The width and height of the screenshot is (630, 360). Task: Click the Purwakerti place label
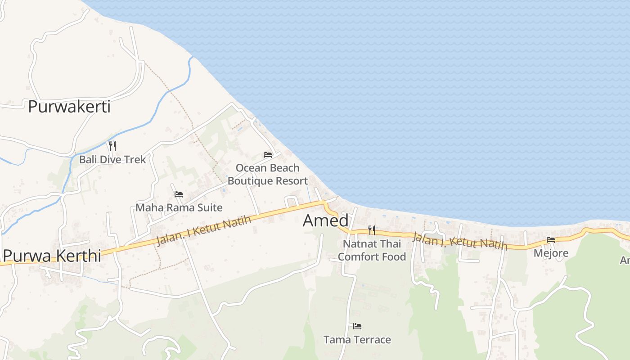69,107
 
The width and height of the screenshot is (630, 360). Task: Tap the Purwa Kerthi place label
52,255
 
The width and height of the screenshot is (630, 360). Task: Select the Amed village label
325,220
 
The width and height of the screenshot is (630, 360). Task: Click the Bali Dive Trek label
112,159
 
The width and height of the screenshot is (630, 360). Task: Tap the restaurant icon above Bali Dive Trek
112,146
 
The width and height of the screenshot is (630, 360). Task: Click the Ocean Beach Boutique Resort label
267,174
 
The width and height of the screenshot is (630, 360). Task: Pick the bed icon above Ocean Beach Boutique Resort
268,155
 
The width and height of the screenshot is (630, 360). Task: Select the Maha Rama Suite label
179,207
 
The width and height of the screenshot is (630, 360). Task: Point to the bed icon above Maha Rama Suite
179,194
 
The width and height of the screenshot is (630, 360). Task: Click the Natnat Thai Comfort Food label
372,250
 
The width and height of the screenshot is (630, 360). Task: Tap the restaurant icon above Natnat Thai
372,230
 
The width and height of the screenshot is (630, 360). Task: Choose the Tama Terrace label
357,339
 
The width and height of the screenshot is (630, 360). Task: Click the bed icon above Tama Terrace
357,326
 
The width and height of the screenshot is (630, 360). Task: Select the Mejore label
551,253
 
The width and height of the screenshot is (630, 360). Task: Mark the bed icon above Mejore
551,240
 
